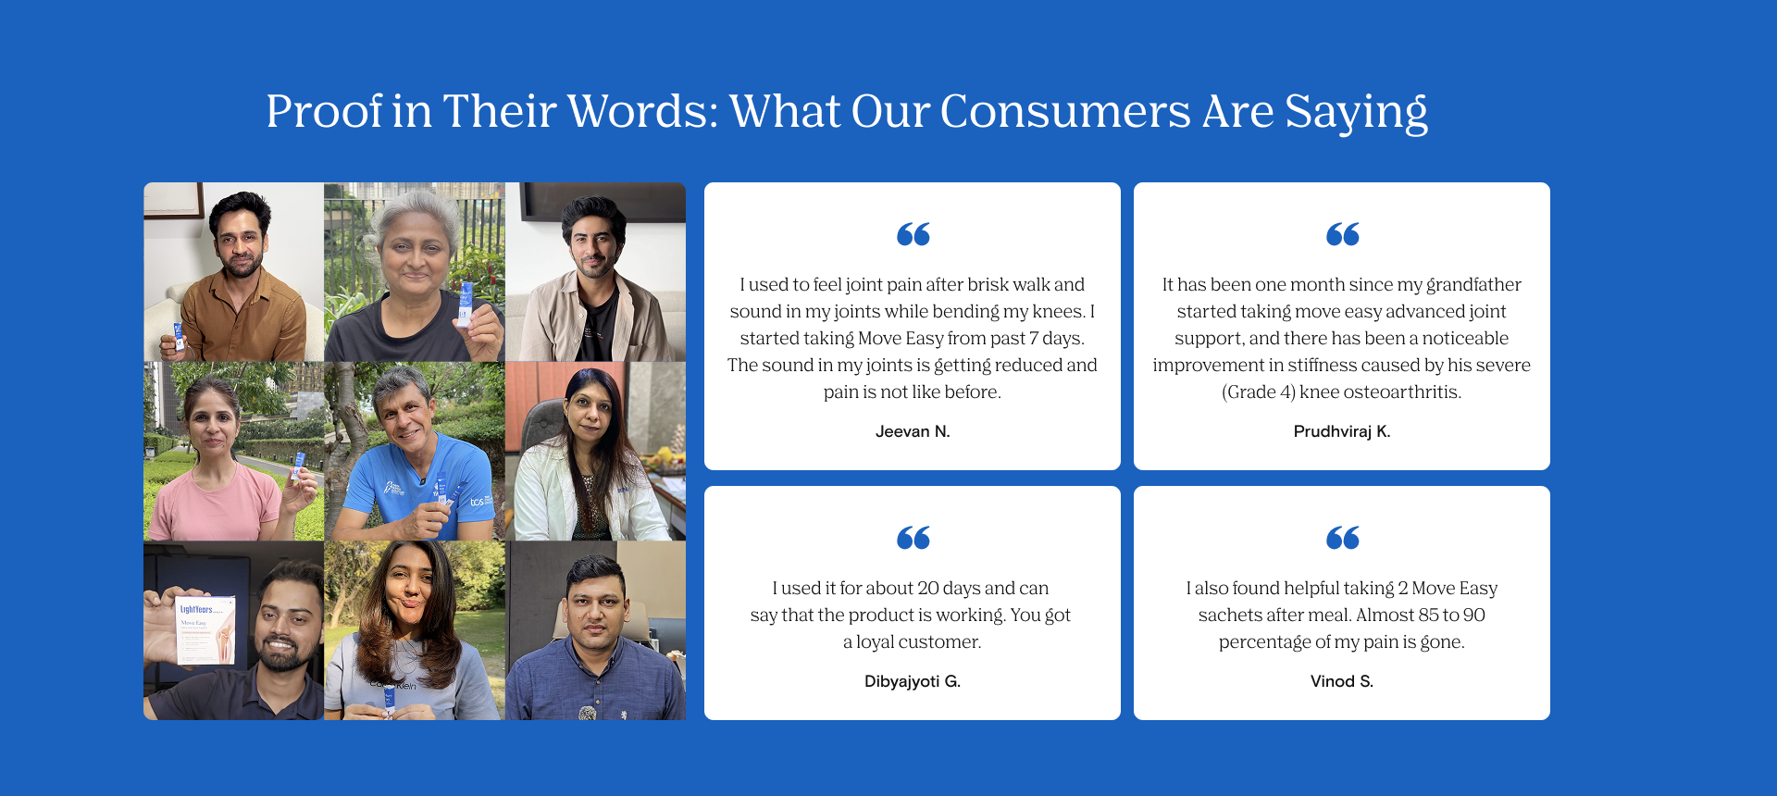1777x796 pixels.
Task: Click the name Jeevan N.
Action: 913,431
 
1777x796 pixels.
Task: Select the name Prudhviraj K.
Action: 1342,431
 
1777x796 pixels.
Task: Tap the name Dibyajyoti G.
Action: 913,681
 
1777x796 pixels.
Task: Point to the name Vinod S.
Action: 1342,681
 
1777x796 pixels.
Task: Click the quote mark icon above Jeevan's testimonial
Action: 913,235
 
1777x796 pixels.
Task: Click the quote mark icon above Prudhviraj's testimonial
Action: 1342,235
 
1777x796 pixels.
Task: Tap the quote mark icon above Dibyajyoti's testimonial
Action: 913,539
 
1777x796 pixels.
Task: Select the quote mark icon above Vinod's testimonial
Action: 1342,539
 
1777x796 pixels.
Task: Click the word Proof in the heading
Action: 324,112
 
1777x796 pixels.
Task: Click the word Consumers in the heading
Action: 1065,112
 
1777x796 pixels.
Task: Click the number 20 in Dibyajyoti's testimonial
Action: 928,589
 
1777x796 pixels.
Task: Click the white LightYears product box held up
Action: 205,629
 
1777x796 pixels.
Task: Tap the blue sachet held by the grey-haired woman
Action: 466,305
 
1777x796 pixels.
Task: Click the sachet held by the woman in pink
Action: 298,466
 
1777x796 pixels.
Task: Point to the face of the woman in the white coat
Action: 590,413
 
